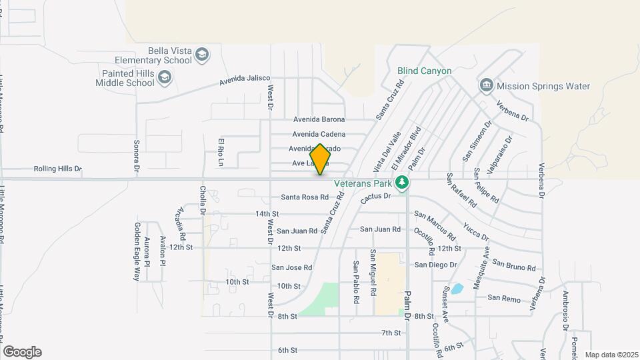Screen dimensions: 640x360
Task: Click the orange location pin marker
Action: click(320, 159)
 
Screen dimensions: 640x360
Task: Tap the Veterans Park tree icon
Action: click(401, 182)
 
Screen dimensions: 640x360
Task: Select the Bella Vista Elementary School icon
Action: click(203, 55)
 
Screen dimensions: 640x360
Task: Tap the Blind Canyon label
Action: click(425, 71)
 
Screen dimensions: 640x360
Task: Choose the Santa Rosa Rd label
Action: click(305, 197)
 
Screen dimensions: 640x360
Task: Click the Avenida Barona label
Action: click(319, 119)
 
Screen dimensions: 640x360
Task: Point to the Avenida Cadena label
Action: click(319, 134)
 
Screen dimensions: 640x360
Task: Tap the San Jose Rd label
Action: click(291, 267)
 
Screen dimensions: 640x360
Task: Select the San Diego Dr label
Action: click(435, 265)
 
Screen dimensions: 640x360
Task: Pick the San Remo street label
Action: click(503, 299)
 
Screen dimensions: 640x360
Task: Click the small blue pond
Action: click(457, 289)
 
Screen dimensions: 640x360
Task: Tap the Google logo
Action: click(21, 352)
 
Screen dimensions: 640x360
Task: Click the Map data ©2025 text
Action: click(611, 355)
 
